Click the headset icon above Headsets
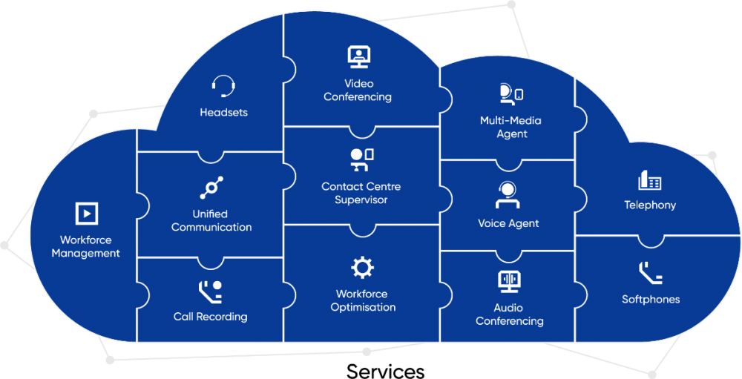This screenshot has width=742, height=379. [223, 87]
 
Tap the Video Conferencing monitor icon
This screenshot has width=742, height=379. [358, 56]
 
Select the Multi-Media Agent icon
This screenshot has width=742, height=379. [510, 93]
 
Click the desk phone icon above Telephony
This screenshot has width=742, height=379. [650, 180]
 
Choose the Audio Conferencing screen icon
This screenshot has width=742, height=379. [510, 282]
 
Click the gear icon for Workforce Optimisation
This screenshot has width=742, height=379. [362, 267]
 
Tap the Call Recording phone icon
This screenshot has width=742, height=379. [210, 291]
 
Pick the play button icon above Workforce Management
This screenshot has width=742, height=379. [87, 214]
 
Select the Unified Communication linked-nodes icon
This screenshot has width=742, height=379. [211, 188]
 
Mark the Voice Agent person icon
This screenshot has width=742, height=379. [508, 195]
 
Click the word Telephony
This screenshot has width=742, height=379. [650, 205]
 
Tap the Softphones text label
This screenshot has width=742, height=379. [651, 300]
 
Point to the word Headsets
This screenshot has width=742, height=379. [223, 113]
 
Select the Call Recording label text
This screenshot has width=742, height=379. [211, 317]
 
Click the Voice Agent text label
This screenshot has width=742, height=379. [508, 223]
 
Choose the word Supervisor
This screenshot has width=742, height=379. [361, 200]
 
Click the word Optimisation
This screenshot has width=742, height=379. [363, 307]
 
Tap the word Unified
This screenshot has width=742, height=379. [210, 214]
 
